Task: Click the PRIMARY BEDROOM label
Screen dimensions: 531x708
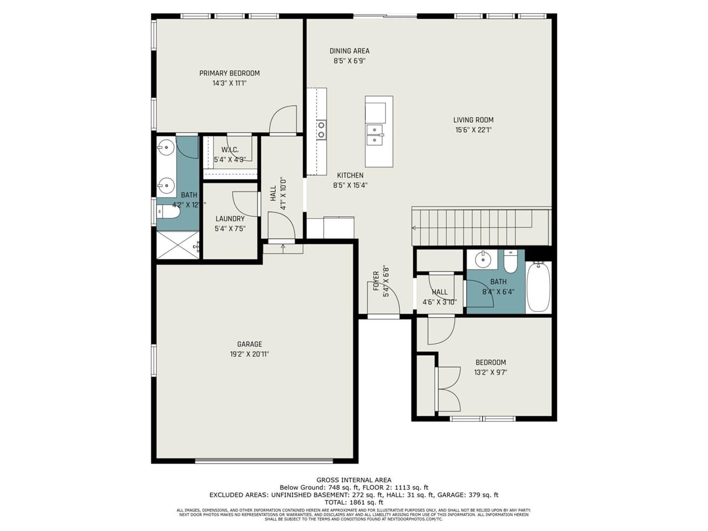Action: [230, 73]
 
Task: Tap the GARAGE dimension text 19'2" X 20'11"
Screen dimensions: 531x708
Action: [249, 354]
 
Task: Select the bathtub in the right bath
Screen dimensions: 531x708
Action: [538, 287]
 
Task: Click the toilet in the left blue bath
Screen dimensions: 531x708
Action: [168, 211]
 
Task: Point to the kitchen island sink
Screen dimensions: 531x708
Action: [375, 135]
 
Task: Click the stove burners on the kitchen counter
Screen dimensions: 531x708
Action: [321, 130]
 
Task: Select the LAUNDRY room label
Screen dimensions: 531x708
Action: [230, 218]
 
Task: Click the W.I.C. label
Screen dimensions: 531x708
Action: [230, 150]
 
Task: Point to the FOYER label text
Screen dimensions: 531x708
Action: [376, 280]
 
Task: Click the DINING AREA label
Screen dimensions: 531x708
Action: [350, 51]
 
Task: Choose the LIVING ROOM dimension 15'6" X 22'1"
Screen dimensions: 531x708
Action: [473, 130]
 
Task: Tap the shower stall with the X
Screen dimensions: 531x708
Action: [178, 244]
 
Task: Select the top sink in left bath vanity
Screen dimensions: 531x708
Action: [165, 147]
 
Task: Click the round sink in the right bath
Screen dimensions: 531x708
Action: [483, 258]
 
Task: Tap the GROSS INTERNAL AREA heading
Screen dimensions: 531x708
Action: [353, 480]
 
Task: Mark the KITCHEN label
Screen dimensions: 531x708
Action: [350, 175]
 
